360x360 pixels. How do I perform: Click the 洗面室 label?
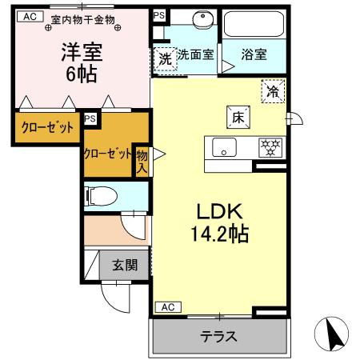tap(194, 55)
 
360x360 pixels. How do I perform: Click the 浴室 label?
tap(255, 55)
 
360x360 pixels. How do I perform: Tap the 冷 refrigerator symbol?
tap(273, 92)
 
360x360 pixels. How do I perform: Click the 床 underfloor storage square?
tap(238, 116)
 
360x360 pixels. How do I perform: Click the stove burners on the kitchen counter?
tap(270, 147)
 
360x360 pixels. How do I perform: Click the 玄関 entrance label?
tap(123, 265)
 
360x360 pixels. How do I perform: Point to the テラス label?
tap(218, 336)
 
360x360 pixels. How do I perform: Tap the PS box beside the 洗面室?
tap(158, 16)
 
